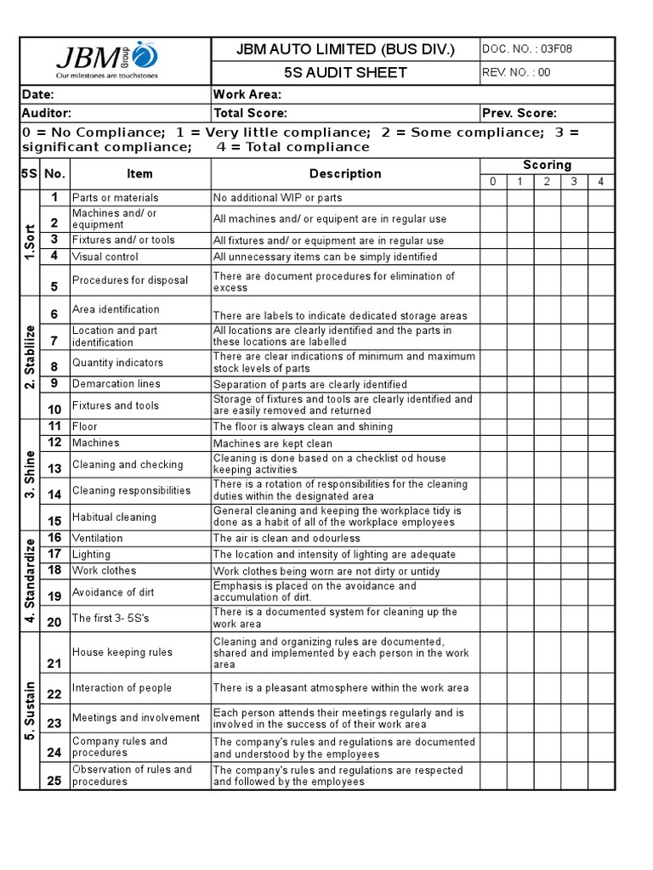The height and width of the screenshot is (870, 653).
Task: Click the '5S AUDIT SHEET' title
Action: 345,72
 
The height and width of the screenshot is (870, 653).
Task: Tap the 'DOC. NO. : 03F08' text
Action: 527,49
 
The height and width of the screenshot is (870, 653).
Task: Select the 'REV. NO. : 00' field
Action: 516,72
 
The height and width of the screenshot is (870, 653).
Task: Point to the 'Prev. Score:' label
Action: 519,113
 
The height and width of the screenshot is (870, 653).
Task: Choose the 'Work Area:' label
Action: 247,94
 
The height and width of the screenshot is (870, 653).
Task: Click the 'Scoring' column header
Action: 547,165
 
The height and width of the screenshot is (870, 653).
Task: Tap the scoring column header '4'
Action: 600,182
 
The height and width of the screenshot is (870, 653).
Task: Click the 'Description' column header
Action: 345,173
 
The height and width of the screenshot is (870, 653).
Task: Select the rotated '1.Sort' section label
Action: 29,242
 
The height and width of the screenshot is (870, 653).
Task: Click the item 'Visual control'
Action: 105,257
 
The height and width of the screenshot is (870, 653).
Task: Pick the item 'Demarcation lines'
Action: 116,384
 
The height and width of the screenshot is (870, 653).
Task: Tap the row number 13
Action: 54,468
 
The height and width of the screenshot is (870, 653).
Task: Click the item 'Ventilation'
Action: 97,538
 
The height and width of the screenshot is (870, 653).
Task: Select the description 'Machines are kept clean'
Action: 272,443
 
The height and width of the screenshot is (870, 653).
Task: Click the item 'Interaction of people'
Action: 122,688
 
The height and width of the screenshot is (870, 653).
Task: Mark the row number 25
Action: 54,781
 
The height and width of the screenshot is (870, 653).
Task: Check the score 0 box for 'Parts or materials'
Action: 493,198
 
